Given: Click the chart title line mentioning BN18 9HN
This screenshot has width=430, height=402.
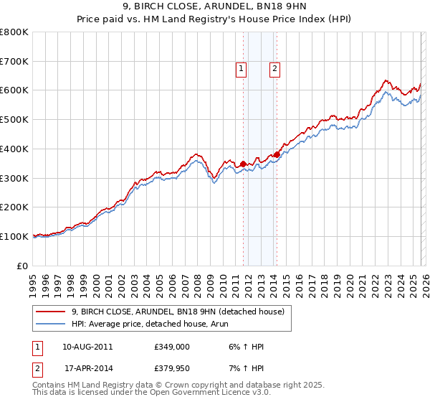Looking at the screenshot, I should (x=215, y=8).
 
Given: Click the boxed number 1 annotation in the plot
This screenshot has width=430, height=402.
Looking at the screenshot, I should (x=240, y=69).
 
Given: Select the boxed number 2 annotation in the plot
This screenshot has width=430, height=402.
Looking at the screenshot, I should (x=274, y=69).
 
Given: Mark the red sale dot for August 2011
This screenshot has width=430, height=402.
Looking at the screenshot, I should (x=243, y=164).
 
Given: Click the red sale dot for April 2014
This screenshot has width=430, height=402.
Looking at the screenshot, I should (x=277, y=154).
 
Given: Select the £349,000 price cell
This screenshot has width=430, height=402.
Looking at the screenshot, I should (x=172, y=347).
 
